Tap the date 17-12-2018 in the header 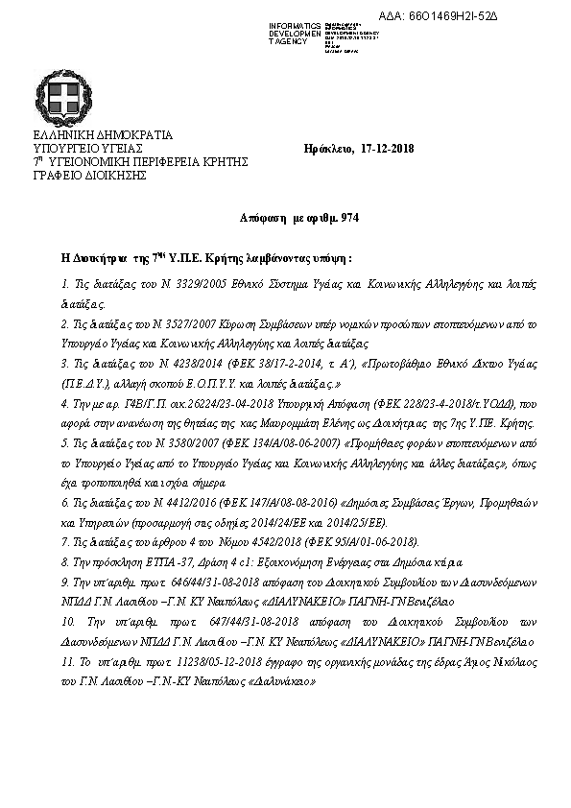(388, 149)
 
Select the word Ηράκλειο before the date (327, 149)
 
